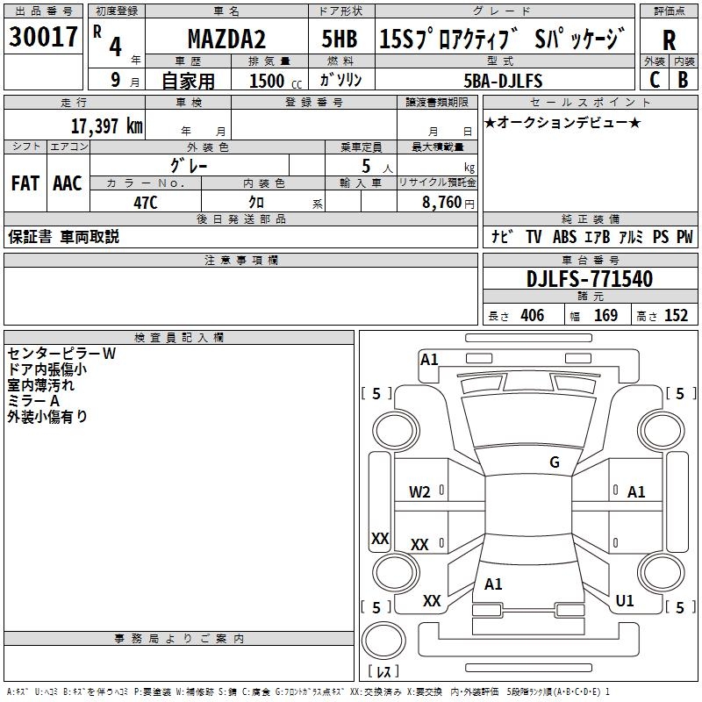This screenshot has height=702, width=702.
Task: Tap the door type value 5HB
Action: point(339,39)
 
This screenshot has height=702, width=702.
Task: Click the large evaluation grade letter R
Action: point(670,40)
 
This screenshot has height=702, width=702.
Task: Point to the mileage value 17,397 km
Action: point(106,125)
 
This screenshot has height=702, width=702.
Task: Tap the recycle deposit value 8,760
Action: point(441,201)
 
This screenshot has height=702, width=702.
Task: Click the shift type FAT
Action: point(25,183)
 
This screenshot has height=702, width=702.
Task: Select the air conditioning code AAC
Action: point(67,183)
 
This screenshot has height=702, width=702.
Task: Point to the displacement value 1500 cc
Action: point(273,81)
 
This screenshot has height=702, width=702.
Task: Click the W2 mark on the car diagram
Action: point(420,492)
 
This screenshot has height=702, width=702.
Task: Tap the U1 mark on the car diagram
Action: point(625,601)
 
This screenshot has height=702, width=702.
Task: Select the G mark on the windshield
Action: point(554,462)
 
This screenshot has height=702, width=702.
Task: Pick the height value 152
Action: point(676,315)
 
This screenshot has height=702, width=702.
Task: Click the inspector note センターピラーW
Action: point(61,354)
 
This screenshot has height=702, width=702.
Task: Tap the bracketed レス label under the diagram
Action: point(383,671)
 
